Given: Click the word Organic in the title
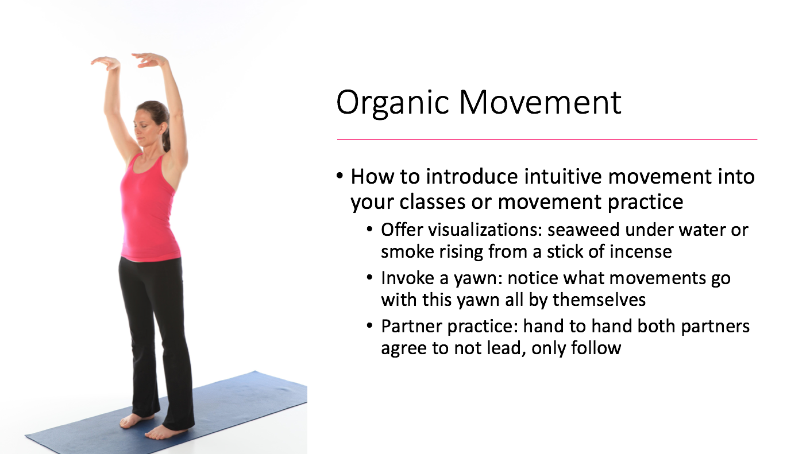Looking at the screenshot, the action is coord(392,103).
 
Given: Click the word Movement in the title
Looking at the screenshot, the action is coord(540,103).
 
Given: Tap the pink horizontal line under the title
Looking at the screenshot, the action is coord(547,139).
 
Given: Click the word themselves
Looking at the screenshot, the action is coord(599,300).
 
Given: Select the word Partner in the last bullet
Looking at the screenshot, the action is coord(412,327).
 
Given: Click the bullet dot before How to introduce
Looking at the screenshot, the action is coord(340,176).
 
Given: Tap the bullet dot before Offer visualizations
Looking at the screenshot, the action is coord(369,230).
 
